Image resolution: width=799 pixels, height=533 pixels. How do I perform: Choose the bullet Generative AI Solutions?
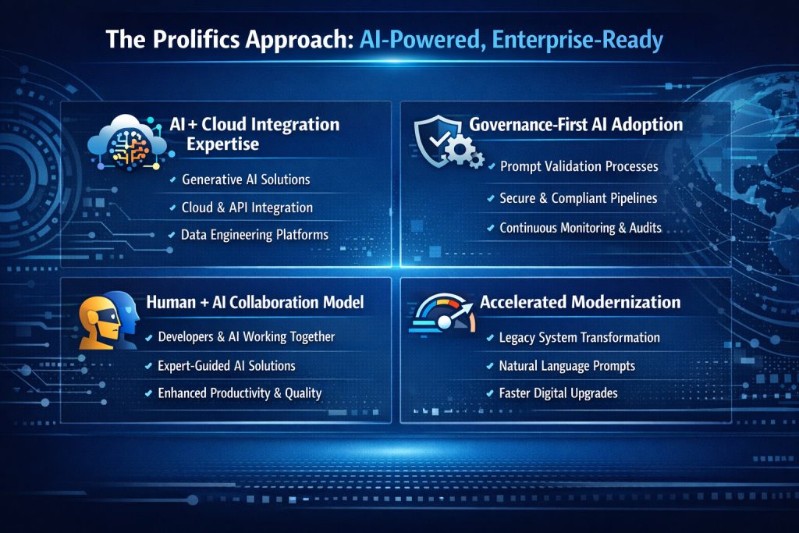tap(245, 179)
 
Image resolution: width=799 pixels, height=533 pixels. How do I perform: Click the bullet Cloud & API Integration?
tap(247, 208)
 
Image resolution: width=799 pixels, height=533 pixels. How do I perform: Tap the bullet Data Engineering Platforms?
tap(254, 235)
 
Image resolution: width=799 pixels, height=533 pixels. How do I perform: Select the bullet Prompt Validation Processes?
tap(578, 166)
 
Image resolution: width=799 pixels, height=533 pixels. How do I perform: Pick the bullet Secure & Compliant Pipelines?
tap(577, 198)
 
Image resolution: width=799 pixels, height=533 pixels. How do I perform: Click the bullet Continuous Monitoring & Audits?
tap(580, 228)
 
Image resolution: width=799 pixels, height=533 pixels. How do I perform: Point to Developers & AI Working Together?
tap(246, 337)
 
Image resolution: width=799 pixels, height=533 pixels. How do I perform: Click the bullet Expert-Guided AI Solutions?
tap(226, 365)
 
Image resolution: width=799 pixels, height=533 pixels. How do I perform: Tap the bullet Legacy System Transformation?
tap(579, 338)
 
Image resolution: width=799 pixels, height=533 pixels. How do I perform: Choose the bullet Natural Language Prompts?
tap(566, 365)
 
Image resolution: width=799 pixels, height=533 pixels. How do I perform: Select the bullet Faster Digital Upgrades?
tap(558, 393)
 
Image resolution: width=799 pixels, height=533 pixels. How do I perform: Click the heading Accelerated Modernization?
tap(580, 302)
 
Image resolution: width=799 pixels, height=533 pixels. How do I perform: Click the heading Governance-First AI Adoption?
tap(576, 125)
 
